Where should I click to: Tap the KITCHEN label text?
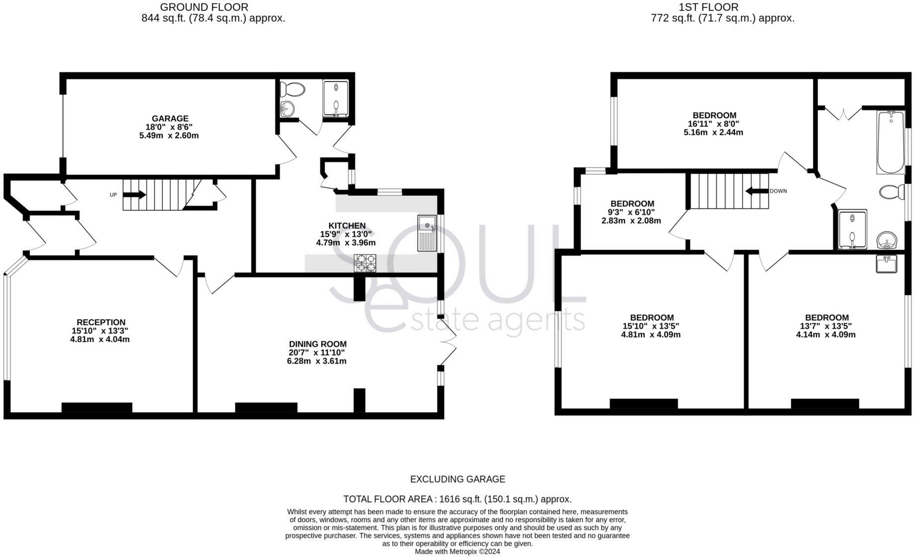[x=347, y=226]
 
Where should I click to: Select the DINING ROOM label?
[x=318, y=344]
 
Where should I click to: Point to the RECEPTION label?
[x=101, y=322]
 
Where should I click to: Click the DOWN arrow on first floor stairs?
[x=756, y=191]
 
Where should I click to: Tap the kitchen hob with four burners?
[x=365, y=263]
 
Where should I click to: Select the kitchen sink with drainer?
[x=427, y=233]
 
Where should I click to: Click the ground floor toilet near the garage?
[x=292, y=90]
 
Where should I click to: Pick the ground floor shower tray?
[x=336, y=98]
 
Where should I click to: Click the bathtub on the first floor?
[x=891, y=142]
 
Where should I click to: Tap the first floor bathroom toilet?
[x=893, y=191]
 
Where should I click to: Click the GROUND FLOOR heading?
[x=204, y=7]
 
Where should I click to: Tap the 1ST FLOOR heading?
[x=709, y=7]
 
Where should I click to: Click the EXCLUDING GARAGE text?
[x=457, y=479]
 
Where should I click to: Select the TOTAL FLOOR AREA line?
[x=457, y=499]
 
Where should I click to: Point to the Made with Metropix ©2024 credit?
[x=457, y=552]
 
